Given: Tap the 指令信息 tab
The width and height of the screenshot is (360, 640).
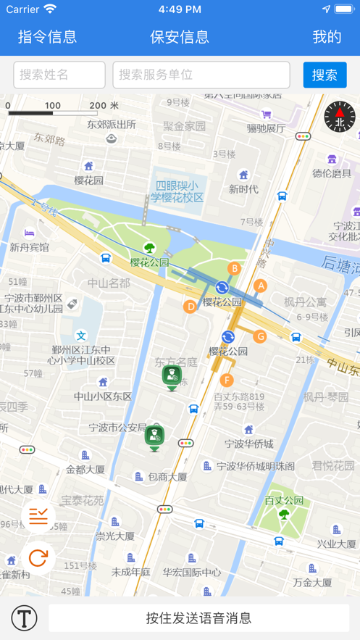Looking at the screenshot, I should click(47, 37).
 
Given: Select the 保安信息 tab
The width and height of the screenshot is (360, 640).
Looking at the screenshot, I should click(180, 37).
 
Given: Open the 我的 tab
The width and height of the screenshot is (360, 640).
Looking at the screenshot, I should click(327, 37).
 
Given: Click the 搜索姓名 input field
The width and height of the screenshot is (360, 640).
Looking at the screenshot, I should click(59, 75).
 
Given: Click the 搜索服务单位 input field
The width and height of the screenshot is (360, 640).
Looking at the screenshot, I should click(201, 75).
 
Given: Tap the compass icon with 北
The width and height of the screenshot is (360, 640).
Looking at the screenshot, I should click(339, 117).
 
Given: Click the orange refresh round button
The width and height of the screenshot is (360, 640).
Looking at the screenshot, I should click(38, 557).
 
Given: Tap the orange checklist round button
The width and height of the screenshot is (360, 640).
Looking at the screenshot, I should click(38, 516).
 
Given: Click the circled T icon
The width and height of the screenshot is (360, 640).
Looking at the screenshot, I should click(24, 618).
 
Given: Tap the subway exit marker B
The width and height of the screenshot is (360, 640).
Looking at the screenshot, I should click(234, 269).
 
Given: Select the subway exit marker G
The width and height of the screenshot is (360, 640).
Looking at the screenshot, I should click(260, 336).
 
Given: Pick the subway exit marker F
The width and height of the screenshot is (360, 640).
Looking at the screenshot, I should click(227, 380).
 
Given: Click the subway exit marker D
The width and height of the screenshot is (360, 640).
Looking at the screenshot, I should click(191, 307).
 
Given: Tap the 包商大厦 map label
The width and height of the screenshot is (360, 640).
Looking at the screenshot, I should click(167, 477).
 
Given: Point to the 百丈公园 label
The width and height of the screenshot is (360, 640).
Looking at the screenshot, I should click(284, 500).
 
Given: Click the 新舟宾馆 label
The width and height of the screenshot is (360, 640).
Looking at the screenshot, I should click(30, 247).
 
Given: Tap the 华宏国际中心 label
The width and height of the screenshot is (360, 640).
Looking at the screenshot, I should click(192, 572).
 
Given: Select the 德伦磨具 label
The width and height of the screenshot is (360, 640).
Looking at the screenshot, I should click(332, 173).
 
